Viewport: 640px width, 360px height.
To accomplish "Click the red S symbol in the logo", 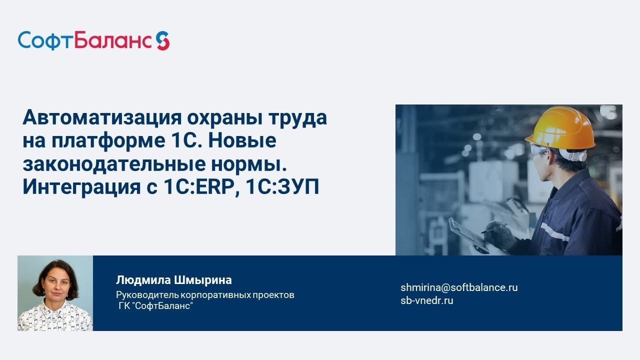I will pos(162,40).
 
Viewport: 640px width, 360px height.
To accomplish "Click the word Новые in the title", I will pos(242,141).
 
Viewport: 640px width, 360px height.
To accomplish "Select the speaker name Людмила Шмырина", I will pos(173,280).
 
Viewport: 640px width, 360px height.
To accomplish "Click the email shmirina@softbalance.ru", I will pos(459,287).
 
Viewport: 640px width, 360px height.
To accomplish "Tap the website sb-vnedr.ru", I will pos(426,300).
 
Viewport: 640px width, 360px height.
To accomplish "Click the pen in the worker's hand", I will pos(492,228).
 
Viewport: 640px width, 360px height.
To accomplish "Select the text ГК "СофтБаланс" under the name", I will pos(155,306).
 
